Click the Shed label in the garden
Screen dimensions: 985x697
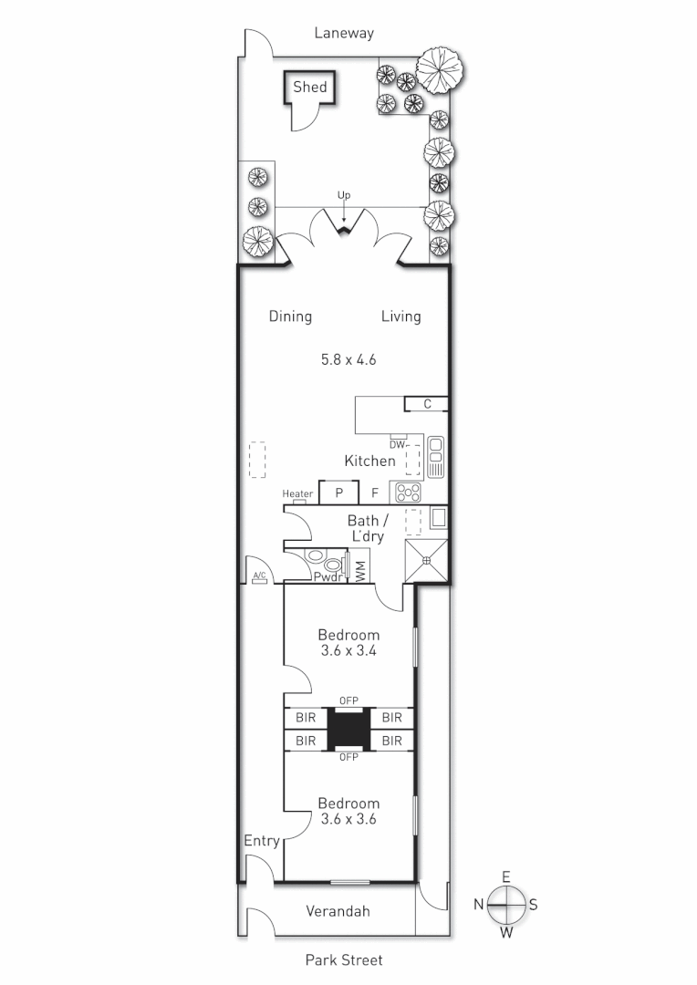309,88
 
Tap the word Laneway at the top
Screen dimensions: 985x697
344,33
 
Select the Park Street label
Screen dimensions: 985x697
344,959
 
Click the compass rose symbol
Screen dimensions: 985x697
505,905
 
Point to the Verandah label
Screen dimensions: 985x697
338,911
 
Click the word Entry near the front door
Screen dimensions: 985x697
262,841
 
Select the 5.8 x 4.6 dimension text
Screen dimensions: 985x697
348,359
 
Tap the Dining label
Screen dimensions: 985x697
290,316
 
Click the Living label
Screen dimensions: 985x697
401,316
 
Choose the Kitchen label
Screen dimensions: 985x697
369,461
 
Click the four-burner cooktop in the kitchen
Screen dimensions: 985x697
407,493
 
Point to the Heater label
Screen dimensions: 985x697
297,494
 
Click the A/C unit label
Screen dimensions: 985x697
259,575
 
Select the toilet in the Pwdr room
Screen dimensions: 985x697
316,556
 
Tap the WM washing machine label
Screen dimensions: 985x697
360,572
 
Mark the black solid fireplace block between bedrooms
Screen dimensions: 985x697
348,730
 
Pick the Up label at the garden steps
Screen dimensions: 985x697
344,195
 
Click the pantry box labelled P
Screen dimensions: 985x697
338,493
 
